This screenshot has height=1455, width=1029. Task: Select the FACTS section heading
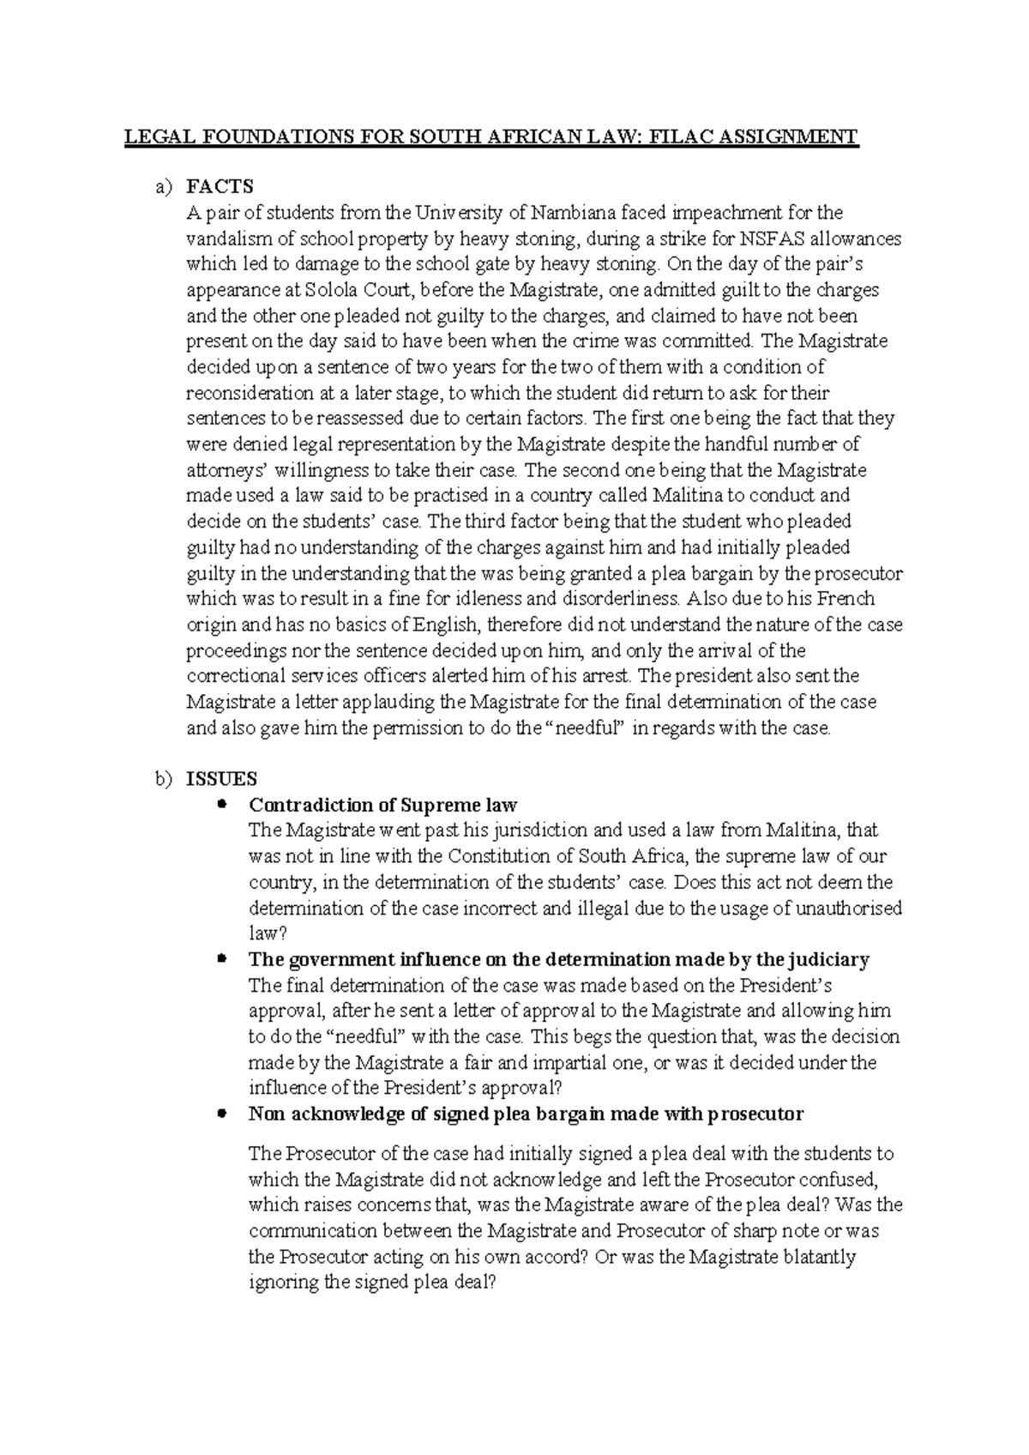[220, 186]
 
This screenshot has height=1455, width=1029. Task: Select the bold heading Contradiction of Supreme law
[382, 805]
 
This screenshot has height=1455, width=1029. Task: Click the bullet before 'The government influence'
[222, 957]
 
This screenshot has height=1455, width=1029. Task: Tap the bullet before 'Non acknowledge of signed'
[222, 1113]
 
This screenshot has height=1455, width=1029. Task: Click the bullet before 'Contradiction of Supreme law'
[222, 804]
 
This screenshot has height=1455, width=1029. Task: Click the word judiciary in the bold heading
[830, 959]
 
